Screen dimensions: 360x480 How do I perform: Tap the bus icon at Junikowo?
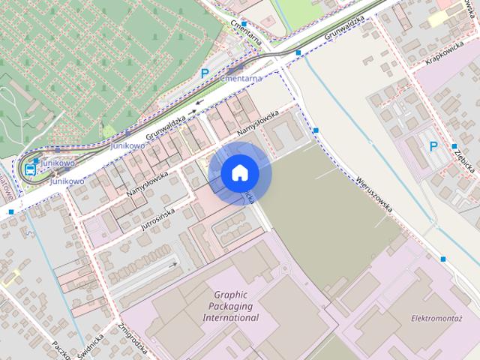[30, 169]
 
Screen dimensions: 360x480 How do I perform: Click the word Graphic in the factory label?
[230, 295]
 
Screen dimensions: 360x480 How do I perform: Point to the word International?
[231, 317]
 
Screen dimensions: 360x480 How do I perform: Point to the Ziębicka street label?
[462, 158]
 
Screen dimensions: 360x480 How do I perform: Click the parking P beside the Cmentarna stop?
[205, 73]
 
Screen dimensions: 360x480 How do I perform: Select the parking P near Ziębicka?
[433, 146]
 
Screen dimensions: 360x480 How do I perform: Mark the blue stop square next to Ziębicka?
[454, 146]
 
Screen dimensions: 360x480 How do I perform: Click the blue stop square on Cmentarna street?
[244, 25]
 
